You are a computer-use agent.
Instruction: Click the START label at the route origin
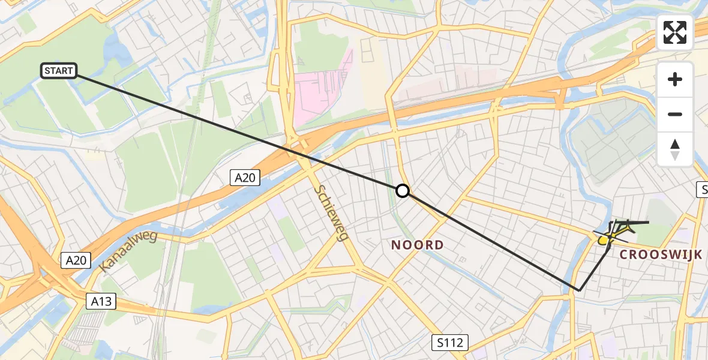click(58, 71)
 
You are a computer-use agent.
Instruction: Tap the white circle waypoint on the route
click(403, 191)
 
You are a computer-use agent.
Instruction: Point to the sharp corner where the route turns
click(579, 290)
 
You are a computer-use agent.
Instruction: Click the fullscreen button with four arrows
click(675, 32)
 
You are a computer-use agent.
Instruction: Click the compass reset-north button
click(675, 149)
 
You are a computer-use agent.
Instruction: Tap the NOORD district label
click(417, 245)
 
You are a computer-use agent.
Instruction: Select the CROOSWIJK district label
click(661, 254)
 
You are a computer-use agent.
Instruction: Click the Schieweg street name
click(331, 212)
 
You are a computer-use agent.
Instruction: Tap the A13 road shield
click(101, 301)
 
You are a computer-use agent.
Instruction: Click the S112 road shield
click(450, 343)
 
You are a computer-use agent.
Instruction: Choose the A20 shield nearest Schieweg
click(245, 177)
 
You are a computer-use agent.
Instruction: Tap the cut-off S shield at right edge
click(702, 190)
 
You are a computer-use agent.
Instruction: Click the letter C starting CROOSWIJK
click(624, 254)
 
